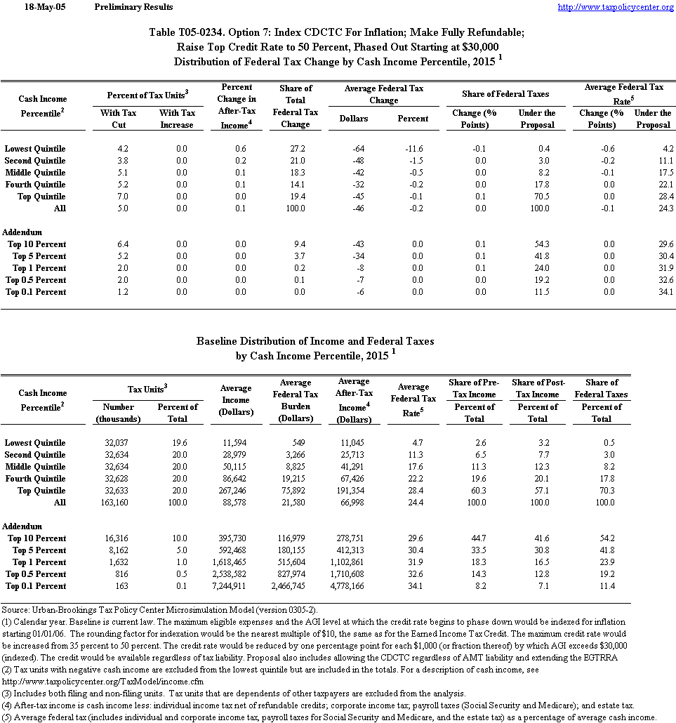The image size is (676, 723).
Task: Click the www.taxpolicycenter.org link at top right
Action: pyautogui.click(x=615, y=7)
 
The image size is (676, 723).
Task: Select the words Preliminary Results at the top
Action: pyautogui.click(x=133, y=7)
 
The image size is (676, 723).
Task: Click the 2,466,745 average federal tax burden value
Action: pyautogui.click(x=300, y=586)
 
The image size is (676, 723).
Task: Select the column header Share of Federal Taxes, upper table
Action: pyautogui.click(x=505, y=94)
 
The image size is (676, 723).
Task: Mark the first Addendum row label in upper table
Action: pyautogui.click(x=22, y=232)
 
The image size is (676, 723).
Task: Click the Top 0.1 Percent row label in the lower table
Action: pyautogui.click(x=36, y=586)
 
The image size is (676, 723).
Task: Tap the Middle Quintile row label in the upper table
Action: pyautogui.click(x=35, y=173)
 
